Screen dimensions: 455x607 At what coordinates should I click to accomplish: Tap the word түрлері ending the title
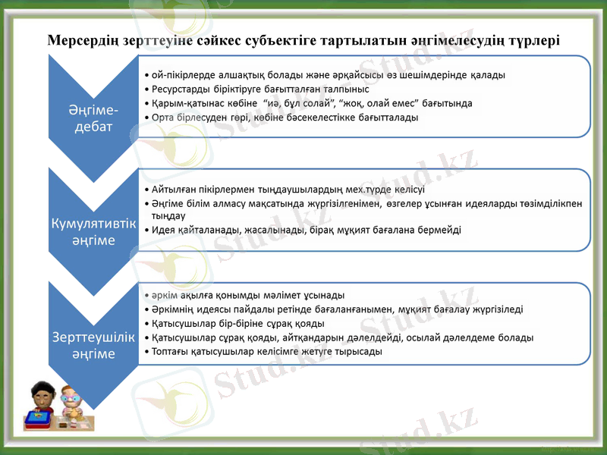(532, 39)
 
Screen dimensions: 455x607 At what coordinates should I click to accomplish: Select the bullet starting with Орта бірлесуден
(285, 118)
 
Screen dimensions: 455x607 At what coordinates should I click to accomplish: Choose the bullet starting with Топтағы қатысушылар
(266, 352)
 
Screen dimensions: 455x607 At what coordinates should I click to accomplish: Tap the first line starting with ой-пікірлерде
(326, 75)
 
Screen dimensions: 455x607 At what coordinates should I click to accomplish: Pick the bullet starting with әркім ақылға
(247, 294)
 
